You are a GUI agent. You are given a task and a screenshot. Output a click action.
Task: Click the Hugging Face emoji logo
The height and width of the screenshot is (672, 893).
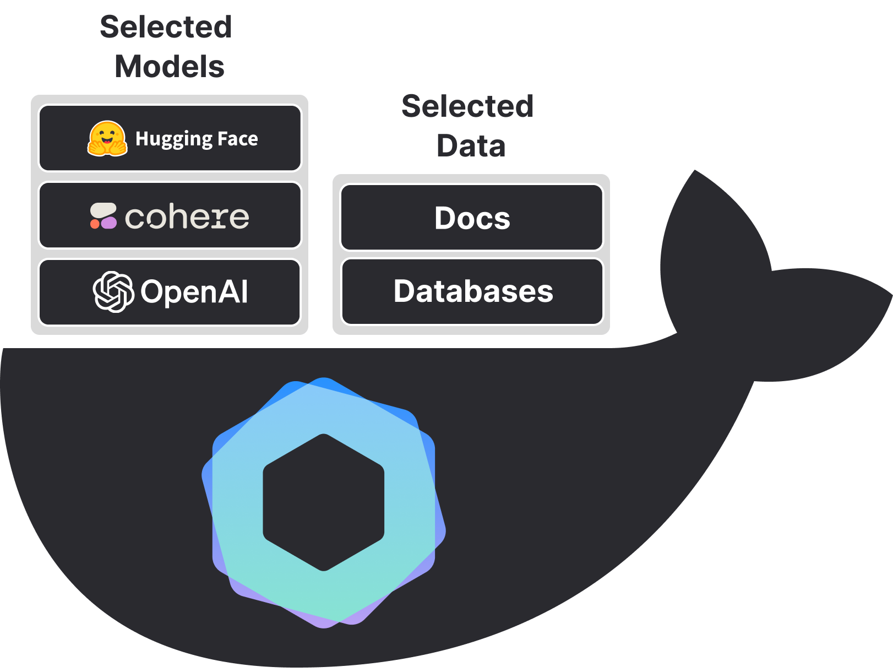pos(107,139)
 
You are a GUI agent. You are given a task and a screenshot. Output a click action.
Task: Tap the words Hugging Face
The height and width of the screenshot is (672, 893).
pos(197,139)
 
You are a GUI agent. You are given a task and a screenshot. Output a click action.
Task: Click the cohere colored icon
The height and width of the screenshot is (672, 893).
pos(104,216)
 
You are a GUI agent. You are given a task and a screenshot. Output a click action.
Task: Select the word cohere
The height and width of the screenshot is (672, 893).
pos(187,217)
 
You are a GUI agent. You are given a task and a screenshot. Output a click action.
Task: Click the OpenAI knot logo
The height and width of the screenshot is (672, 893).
pos(113,292)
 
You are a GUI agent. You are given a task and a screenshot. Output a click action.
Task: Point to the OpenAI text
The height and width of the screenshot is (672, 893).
pos(194,292)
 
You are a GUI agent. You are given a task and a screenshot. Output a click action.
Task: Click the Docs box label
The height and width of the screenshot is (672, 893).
pos(472,218)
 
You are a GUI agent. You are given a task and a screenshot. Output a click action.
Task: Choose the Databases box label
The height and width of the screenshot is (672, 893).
pos(473,291)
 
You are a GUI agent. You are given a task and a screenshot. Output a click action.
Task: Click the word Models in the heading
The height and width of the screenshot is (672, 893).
pos(170,67)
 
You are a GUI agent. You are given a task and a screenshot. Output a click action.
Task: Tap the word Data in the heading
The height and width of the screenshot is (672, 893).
pos(471,146)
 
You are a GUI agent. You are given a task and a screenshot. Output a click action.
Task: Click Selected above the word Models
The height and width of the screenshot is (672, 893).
pos(166,27)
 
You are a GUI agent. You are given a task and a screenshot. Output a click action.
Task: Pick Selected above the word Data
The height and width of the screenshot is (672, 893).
pos(467,106)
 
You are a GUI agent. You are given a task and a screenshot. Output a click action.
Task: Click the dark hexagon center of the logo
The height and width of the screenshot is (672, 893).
pos(324,502)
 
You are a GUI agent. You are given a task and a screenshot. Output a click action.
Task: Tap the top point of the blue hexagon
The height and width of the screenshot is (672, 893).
pos(324,380)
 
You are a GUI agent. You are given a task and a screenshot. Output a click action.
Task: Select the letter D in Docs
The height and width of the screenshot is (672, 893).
pos(445,218)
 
